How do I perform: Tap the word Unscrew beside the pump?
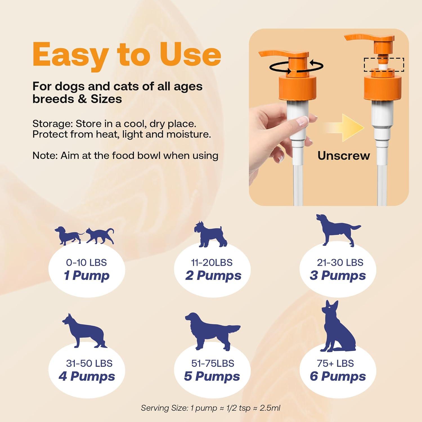344,156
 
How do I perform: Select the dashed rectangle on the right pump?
384,64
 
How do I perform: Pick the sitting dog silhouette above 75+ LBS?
338,328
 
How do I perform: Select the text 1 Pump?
87,275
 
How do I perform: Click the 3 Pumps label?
338,275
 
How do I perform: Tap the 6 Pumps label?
338,376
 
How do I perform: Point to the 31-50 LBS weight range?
89,363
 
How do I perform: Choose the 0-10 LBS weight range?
86,262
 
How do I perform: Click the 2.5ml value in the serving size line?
270,408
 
